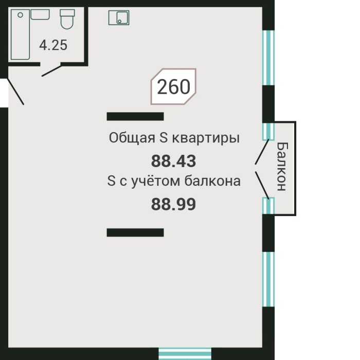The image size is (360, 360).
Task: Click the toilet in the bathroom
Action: coord(67,20)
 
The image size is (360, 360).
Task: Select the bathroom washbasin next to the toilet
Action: coord(40,14)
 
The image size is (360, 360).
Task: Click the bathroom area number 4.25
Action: coord(53,45)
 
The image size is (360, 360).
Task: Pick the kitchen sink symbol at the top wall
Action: coord(119,18)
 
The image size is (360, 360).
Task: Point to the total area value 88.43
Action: coord(174,161)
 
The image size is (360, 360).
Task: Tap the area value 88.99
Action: coord(174,205)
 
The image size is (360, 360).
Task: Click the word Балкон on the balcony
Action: coord(281,167)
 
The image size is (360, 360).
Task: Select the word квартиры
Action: coord(206,138)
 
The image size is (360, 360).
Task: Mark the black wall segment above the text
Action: coord(135,116)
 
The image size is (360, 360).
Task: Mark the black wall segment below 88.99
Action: coord(135,232)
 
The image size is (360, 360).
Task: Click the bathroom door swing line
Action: coord(52,70)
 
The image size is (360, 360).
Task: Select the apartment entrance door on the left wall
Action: coord(15,93)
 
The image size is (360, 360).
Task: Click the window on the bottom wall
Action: coord(185,354)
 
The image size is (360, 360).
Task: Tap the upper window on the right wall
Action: coord(267,57)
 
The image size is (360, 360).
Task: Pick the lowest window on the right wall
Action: coord(268,281)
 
